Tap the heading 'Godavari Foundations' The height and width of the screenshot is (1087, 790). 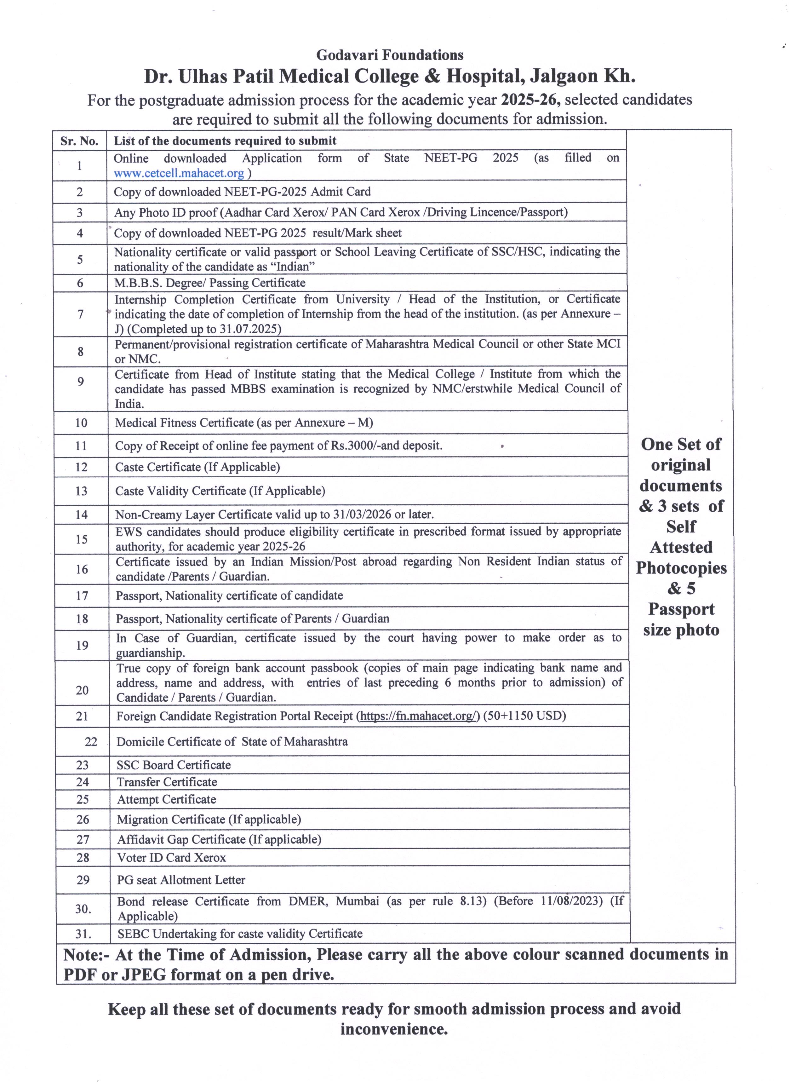tap(390, 55)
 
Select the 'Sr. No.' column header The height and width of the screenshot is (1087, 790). tap(79, 141)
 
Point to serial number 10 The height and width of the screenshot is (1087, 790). tap(81, 423)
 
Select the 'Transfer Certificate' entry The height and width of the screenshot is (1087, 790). tap(167, 782)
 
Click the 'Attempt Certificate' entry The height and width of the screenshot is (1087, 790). tap(166, 799)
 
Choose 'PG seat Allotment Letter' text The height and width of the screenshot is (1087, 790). tap(181, 880)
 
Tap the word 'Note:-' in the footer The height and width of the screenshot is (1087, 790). tap(87, 955)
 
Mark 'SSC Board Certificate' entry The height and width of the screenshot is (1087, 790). tap(174, 765)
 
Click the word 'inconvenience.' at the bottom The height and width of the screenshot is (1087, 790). tap(394, 1029)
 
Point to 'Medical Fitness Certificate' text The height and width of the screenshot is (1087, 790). tap(184, 423)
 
